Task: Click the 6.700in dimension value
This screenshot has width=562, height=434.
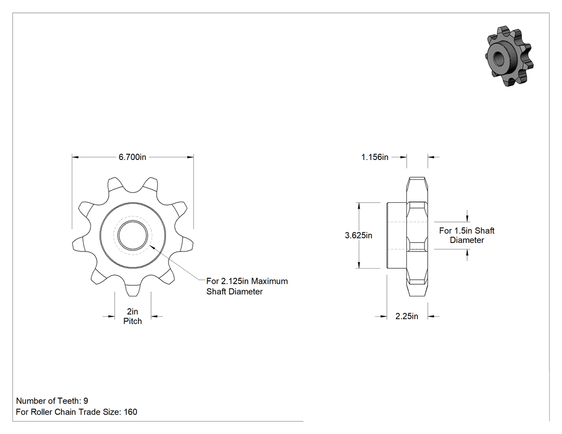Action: [x=132, y=157]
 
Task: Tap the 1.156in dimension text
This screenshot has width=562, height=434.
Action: [x=375, y=157]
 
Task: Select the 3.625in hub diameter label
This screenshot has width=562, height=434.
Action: [x=359, y=235]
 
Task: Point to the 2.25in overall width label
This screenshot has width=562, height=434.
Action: [x=407, y=316]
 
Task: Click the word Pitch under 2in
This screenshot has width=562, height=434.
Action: [x=133, y=321]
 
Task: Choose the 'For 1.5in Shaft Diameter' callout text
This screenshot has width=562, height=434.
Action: [x=467, y=235]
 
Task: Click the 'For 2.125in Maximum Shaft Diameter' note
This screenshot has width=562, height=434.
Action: [x=247, y=286]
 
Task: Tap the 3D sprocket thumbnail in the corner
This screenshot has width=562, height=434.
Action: [x=509, y=56]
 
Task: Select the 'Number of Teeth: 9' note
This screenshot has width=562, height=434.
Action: [x=52, y=401]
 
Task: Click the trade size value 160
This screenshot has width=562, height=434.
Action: [x=131, y=412]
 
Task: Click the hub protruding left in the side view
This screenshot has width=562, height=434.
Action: [x=397, y=235]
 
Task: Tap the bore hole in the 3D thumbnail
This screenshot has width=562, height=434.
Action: [x=498, y=57]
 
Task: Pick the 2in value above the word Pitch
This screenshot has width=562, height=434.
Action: [x=133, y=311]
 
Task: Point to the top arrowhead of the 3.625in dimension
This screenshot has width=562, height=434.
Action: [x=359, y=206]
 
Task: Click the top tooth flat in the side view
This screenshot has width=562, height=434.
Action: [x=417, y=178]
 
